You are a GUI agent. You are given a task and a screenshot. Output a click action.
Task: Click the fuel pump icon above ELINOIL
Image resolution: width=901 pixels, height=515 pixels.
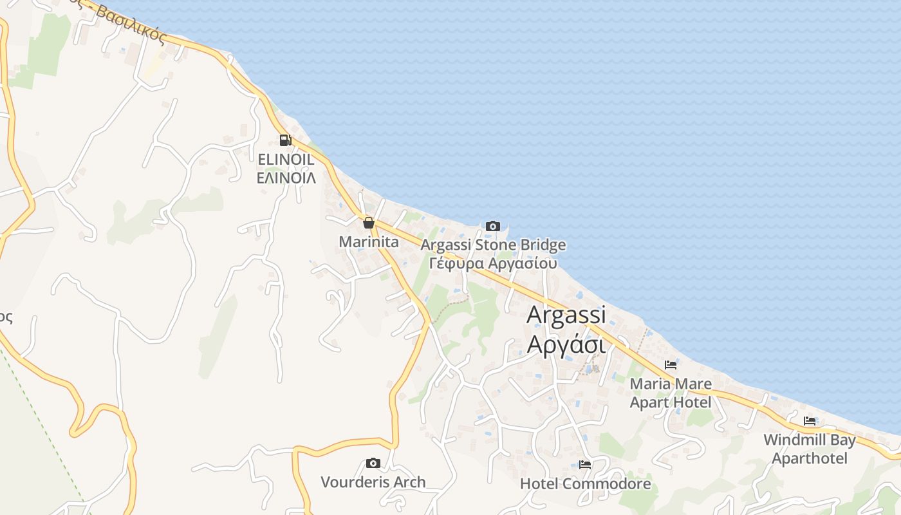[284, 140]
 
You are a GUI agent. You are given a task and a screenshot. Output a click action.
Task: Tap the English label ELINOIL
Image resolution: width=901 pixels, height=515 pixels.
[286, 159]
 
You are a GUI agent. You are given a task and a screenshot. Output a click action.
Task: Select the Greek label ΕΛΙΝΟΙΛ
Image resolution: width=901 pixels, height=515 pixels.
[286, 178]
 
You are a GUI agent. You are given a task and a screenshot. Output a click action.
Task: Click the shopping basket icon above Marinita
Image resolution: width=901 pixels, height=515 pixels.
[368, 223]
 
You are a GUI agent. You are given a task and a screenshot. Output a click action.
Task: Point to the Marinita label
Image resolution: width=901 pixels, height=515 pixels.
[369, 242]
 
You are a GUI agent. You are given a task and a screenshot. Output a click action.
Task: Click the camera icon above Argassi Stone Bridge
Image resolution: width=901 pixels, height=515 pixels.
[493, 226]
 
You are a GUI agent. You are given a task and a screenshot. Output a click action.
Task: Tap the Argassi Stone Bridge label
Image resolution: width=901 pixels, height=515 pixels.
[493, 245]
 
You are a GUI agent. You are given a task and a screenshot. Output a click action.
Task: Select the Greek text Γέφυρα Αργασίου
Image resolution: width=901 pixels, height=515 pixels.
[493, 263]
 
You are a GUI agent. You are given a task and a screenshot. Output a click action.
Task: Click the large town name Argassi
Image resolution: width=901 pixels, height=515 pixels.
[566, 315]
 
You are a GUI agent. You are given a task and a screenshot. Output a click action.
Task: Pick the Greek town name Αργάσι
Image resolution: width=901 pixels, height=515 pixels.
[566, 345]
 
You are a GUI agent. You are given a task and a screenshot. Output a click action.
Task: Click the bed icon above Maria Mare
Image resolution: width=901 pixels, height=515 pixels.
[671, 365]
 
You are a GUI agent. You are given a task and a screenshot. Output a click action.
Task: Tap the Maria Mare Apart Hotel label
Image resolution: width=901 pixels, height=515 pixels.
[671, 393]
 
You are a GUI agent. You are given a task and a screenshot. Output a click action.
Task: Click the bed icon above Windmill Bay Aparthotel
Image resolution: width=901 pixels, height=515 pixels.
[810, 421]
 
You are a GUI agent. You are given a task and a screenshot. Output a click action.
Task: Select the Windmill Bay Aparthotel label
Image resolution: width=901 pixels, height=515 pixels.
[810, 449]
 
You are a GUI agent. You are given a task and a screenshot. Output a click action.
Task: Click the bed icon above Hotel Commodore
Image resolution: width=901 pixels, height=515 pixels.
[585, 464]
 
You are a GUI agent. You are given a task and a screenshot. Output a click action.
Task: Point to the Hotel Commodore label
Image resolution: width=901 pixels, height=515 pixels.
[585, 483]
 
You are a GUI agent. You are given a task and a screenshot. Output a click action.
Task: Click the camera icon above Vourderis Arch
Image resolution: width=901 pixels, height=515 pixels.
[373, 463]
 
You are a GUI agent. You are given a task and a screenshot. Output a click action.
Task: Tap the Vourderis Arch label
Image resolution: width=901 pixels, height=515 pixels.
[373, 482]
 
